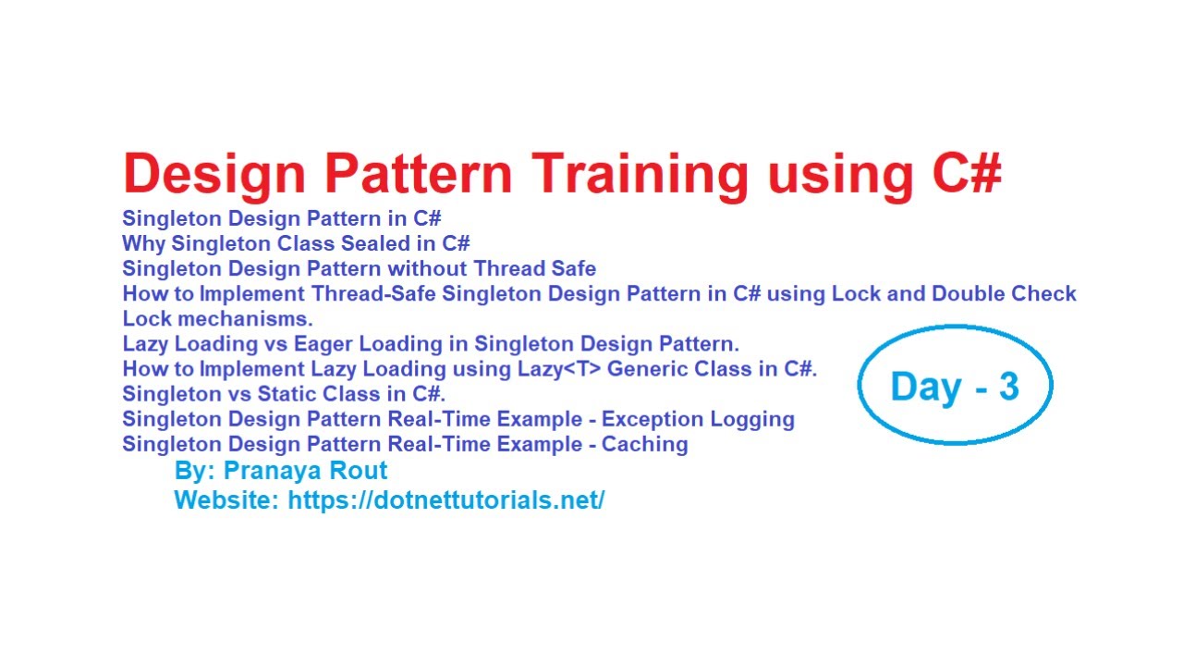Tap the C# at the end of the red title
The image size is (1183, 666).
tap(967, 173)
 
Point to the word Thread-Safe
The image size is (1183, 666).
tap(373, 293)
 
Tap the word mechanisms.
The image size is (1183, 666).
tap(246, 319)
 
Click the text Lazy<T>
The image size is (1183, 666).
tap(559, 369)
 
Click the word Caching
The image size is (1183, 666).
tap(645, 444)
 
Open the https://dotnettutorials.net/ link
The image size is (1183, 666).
tap(446, 500)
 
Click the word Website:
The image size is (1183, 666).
tap(226, 500)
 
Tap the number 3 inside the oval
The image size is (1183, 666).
tap(1008, 387)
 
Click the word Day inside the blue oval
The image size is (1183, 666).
tap(926, 388)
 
